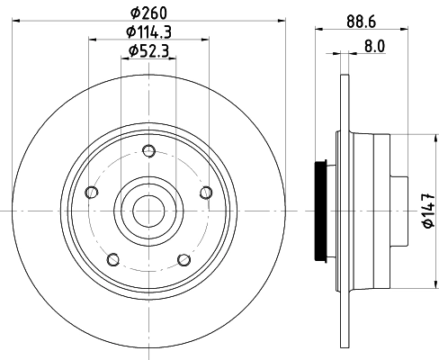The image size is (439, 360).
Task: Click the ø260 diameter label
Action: (150, 13)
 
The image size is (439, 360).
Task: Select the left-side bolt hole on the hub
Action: (90, 191)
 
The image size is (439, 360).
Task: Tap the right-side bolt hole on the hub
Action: (206, 191)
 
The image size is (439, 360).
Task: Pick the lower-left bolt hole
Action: (112, 259)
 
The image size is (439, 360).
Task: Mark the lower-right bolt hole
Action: (184, 259)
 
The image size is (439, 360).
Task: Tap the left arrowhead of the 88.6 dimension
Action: (318, 30)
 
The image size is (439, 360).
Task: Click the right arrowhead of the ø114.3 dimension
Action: (206, 38)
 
